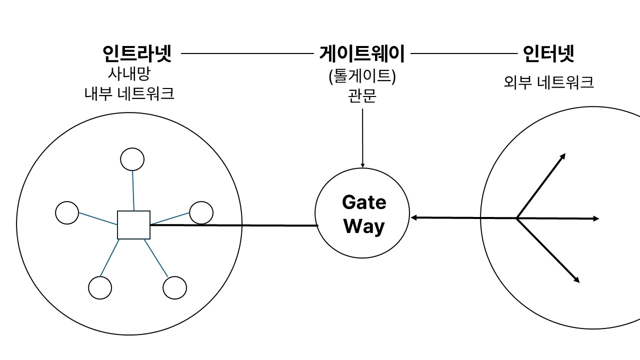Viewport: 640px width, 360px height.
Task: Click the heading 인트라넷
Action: click(136, 53)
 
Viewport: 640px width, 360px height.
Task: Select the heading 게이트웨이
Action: click(361, 53)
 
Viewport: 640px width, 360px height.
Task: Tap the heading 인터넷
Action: click(548, 53)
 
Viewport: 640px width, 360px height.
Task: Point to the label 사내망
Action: click(129, 74)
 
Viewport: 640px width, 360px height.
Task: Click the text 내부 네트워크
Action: click(129, 94)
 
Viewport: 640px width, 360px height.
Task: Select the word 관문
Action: click(362, 95)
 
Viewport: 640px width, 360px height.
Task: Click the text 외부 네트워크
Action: click(548, 82)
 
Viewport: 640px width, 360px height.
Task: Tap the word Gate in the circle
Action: click(364, 202)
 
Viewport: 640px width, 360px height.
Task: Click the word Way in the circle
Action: click(364, 226)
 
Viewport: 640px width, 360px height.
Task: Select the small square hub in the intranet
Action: click(133, 225)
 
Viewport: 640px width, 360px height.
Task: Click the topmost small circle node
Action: click(132, 159)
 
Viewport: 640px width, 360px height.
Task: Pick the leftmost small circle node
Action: click(67, 213)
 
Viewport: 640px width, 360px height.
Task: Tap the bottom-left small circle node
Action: click(100, 287)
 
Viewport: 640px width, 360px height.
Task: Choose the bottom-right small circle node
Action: click(174, 287)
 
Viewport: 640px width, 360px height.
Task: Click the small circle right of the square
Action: click(201, 212)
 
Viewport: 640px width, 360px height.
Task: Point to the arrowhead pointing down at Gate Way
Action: click(362, 164)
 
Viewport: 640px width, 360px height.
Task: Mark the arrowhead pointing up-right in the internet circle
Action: click(562, 156)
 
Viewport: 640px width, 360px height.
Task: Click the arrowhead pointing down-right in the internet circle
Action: click(576, 280)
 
